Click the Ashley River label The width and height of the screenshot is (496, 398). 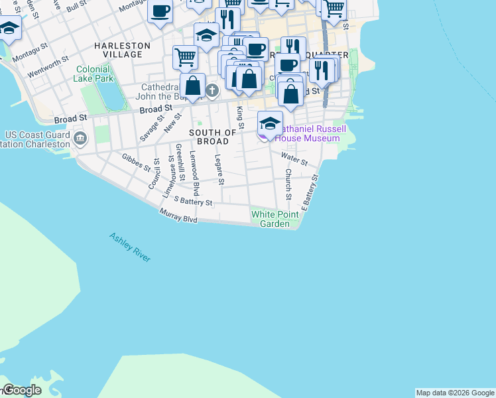pos(130,247)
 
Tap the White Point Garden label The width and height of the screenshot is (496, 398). pos(271,219)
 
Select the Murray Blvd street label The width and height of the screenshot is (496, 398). pos(178,216)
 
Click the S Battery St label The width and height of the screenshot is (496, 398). pos(193,201)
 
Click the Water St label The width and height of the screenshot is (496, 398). pos(294,159)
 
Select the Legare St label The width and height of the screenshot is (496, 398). pos(219,169)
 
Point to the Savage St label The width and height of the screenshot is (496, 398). pos(152,127)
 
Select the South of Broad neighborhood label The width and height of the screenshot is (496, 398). pos(213,137)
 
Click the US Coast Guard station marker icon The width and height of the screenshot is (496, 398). pos(80,139)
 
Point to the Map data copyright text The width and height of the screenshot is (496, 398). pos(455,393)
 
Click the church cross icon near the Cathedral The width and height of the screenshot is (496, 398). pos(212,90)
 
